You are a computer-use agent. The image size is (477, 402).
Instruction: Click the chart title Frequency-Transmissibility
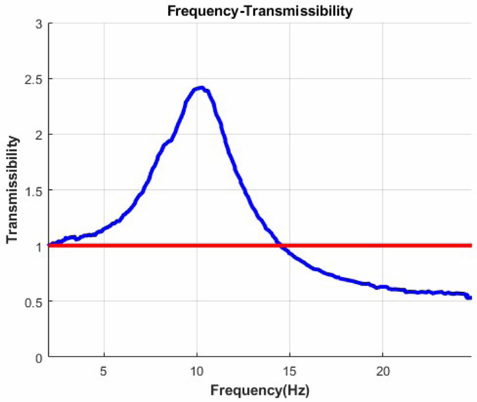pos(260,11)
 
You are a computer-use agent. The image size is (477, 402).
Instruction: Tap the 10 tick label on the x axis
pos(197,371)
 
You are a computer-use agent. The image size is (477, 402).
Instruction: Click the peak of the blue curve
pos(200,88)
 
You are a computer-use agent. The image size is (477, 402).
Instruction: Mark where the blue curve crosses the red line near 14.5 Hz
pos(281,246)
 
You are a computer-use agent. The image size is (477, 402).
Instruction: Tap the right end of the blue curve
pos(470,297)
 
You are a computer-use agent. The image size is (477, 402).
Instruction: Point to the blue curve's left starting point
pos(50,245)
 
